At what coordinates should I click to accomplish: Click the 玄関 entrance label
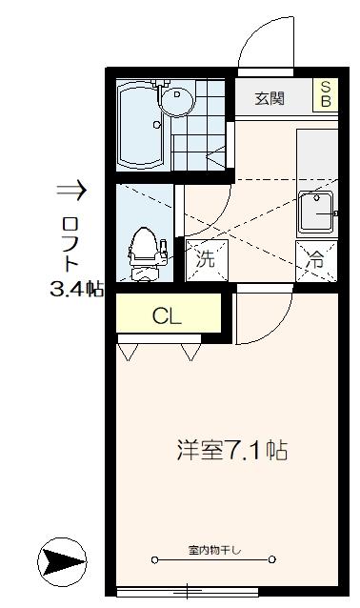(270, 98)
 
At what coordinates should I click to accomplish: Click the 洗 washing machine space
(204, 256)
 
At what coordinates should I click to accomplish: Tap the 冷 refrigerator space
(313, 256)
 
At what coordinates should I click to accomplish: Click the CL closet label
(168, 315)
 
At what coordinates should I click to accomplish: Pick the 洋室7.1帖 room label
(232, 450)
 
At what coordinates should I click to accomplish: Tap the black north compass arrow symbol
(63, 559)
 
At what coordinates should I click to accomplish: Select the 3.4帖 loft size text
(76, 289)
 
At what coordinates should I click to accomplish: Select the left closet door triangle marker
(126, 352)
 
